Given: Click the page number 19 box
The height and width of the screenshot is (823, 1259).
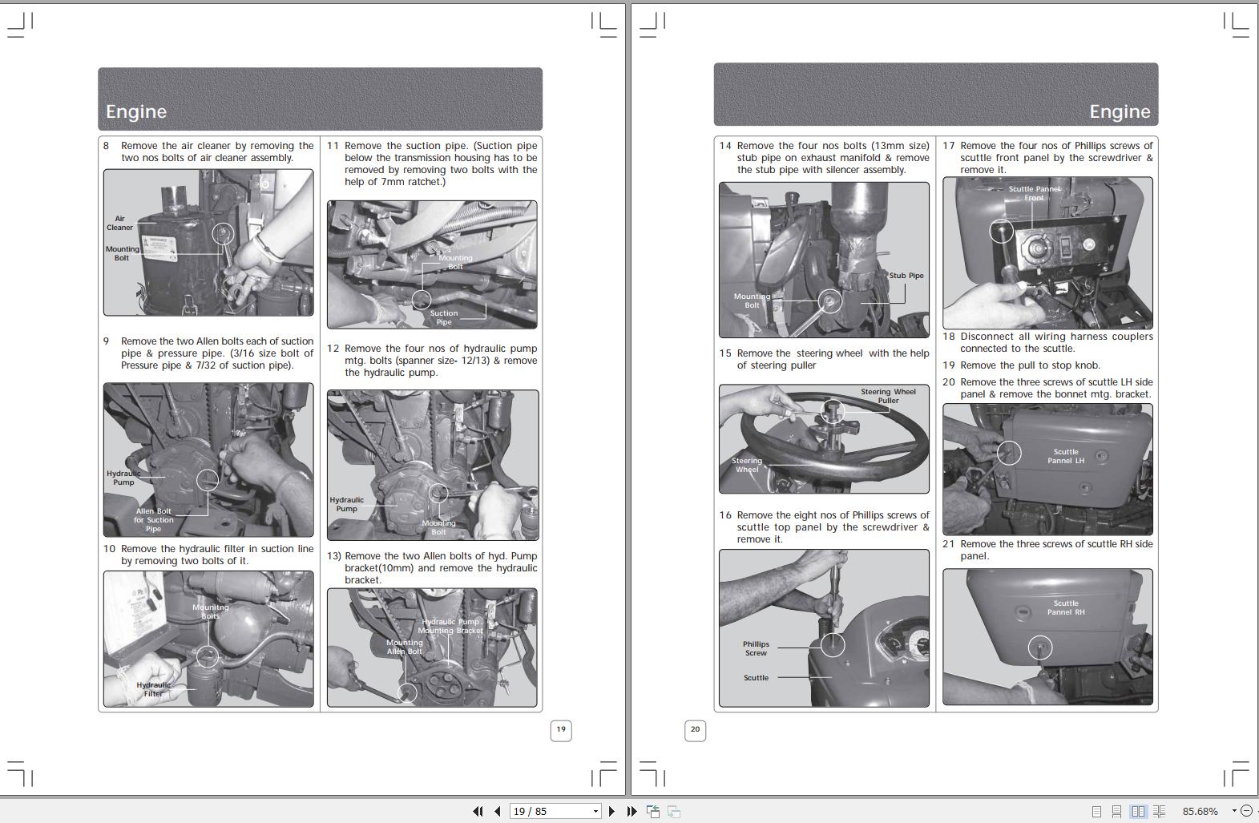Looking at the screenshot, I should tap(561, 729).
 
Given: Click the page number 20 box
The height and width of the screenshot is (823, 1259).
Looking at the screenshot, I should tap(695, 729).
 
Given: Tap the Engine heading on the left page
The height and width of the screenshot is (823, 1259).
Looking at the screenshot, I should tap(136, 111).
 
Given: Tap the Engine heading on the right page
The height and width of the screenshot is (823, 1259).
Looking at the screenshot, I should tap(1119, 111).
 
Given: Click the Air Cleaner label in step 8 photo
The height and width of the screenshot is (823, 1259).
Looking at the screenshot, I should tap(119, 223).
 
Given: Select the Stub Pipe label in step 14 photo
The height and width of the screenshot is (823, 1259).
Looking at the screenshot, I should tap(906, 276).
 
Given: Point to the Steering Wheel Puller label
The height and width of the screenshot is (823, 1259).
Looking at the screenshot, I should tap(888, 396).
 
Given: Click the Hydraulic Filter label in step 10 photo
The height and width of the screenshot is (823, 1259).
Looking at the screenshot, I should tap(153, 689).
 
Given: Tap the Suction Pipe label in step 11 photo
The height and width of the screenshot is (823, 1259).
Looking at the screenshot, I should tap(444, 317).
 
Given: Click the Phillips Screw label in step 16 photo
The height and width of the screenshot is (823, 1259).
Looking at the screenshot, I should tap(756, 648).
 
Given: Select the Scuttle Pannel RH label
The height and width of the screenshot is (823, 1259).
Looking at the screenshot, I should tap(1065, 607).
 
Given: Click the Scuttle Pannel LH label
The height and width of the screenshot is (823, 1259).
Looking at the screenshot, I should tap(1065, 456).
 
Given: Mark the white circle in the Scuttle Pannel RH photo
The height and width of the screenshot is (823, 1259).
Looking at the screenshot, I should tap(1039, 648).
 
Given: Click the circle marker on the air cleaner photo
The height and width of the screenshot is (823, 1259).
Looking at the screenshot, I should tap(223, 234).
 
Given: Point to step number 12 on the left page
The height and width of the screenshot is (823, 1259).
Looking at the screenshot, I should tap(333, 349).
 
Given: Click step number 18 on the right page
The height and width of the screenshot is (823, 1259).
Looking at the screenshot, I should tap(949, 337).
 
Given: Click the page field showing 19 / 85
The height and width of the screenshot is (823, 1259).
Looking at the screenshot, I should tap(555, 811).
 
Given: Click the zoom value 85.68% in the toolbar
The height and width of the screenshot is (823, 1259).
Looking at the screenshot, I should tap(1200, 811).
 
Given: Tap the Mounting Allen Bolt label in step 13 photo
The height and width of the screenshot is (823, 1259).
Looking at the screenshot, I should tap(404, 647).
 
